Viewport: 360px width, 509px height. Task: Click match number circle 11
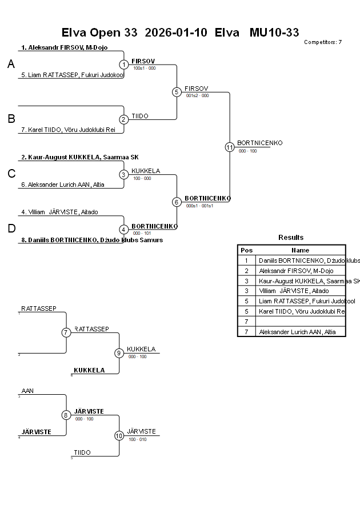click(x=230, y=147)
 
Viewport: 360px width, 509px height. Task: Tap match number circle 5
click(x=177, y=92)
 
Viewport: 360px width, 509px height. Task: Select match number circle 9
click(x=119, y=353)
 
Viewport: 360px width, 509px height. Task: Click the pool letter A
click(x=11, y=65)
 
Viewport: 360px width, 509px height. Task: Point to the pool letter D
click(x=11, y=229)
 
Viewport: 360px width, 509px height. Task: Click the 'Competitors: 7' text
click(x=323, y=42)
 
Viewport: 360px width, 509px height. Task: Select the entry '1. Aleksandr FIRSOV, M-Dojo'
click(x=65, y=47)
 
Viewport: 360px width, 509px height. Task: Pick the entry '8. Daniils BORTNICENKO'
click(x=92, y=240)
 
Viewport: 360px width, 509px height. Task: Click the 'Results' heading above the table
click(x=291, y=237)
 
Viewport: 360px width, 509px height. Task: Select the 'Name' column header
click(x=300, y=250)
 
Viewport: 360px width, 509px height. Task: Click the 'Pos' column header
click(x=246, y=250)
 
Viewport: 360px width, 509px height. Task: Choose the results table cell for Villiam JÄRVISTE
click(x=294, y=291)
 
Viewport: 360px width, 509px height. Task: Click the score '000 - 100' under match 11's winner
click(x=247, y=151)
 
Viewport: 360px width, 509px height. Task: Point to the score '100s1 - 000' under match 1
click(x=144, y=68)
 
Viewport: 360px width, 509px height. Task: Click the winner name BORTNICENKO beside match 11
click(x=259, y=143)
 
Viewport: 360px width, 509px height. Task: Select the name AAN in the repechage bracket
click(x=27, y=391)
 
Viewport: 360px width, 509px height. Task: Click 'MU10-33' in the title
click(x=274, y=33)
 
